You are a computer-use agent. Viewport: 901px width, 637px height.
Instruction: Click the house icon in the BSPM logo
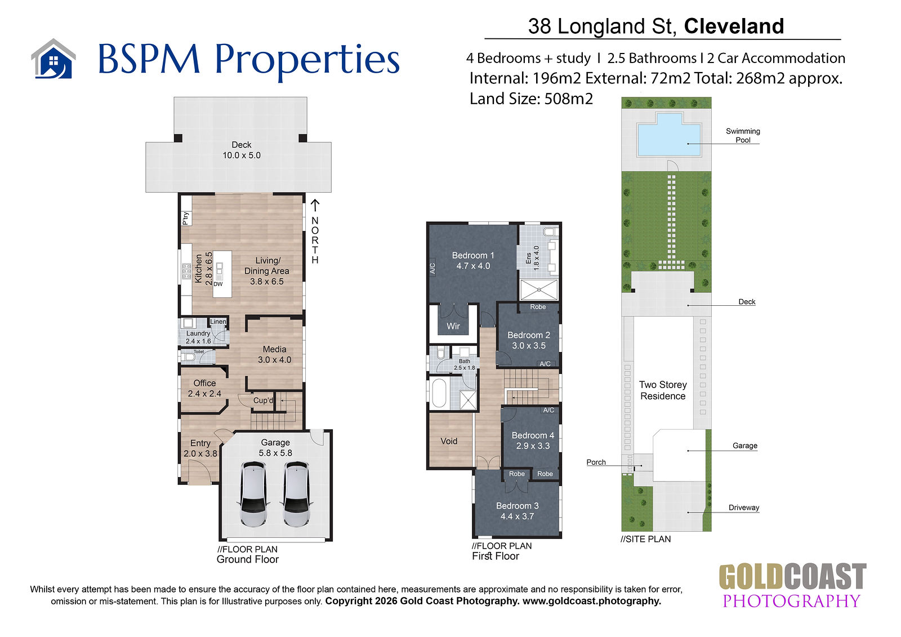(53, 59)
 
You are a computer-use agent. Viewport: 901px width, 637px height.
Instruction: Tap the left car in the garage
(253, 495)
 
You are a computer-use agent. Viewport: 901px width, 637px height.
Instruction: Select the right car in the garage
(297, 495)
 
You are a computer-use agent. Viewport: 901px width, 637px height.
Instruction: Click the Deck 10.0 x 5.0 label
(242, 150)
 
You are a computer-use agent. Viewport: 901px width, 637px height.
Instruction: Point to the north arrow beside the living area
(315, 205)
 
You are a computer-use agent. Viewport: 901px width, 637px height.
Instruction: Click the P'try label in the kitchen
(185, 219)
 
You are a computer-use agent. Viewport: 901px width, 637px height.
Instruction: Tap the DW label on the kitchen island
(218, 284)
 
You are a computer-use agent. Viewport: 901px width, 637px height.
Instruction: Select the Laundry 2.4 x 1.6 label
(198, 337)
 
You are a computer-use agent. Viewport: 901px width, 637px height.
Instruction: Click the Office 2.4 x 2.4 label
(204, 388)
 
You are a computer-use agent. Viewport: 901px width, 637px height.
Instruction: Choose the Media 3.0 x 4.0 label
(274, 354)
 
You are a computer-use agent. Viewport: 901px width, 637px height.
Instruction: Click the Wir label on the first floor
(453, 326)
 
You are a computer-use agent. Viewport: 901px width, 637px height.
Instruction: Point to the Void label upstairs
(449, 441)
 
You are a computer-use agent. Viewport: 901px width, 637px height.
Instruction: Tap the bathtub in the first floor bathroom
(439, 393)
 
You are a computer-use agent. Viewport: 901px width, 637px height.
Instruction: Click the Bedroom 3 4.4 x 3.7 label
(518, 511)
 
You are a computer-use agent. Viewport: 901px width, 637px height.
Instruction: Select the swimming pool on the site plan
(669, 135)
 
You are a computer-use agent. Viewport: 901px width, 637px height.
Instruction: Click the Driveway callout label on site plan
(744, 507)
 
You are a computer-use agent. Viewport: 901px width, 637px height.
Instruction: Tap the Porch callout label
(596, 462)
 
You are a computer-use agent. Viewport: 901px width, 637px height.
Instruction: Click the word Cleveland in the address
(734, 26)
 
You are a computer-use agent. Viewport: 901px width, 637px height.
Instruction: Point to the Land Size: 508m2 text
(532, 99)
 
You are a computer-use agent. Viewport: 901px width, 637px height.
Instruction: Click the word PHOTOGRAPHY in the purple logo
(791, 601)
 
